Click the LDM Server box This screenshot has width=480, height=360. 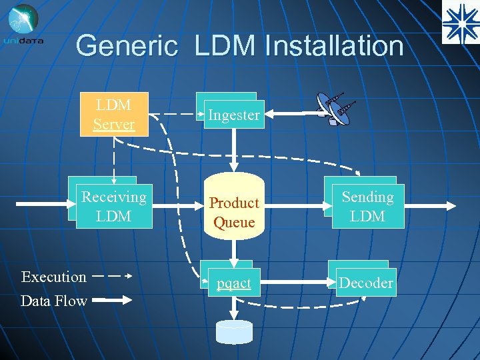click(113, 114)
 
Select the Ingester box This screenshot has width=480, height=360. click(233, 115)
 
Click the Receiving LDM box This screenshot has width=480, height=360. click(113, 207)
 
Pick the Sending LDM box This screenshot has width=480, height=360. click(367, 207)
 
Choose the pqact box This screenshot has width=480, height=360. click(233, 283)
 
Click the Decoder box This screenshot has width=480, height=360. click(365, 283)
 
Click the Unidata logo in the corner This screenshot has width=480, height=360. click(24, 24)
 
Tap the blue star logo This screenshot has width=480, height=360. click(460, 21)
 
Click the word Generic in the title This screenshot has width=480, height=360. click(127, 47)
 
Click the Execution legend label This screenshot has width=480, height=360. click(53, 277)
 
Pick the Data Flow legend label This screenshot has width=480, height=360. click(53, 301)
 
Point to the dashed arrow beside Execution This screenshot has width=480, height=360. click(111, 275)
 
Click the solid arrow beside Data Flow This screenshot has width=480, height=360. click(111, 301)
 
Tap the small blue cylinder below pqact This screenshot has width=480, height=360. click(234, 331)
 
